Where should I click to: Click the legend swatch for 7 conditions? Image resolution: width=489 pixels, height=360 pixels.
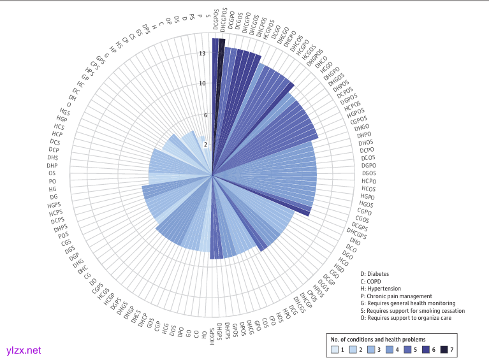(444, 349)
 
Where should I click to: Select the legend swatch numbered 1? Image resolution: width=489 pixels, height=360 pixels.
(335, 349)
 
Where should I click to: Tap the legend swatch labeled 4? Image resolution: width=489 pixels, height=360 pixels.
(389, 349)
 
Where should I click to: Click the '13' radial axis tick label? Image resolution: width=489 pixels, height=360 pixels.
(202, 54)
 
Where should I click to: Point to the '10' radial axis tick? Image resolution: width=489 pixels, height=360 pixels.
(202, 83)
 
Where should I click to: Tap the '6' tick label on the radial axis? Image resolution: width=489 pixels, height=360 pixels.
(205, 115)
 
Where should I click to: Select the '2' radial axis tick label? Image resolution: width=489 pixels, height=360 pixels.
(205, 145)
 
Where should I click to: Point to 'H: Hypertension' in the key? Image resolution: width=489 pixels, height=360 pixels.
(383, 289)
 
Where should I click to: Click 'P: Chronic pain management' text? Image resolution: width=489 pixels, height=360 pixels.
(396, 296)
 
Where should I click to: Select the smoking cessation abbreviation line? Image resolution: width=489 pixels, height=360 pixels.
(412, 311)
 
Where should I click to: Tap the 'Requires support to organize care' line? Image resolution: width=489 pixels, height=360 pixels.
(405, 319)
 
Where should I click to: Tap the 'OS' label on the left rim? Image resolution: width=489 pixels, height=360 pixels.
(52, 173)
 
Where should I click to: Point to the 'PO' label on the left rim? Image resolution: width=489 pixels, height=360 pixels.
(52, 182)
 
